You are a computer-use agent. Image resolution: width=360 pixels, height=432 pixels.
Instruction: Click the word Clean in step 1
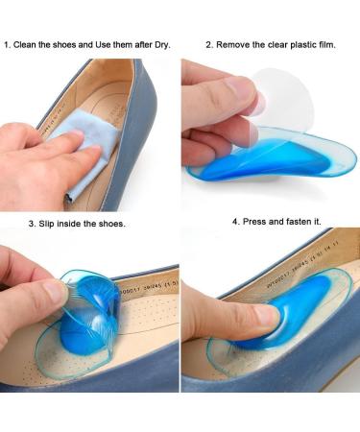pyautogui.click(x=26, y=44)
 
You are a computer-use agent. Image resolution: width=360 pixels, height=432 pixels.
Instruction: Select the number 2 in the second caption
pyautogui.click(x=207, y=44)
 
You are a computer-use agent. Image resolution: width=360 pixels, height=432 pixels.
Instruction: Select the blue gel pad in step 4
pyautogui.click(x=269, y=322)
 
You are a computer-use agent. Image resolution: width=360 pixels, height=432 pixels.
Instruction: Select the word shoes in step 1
pyautogui.click(x=63, y=44)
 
